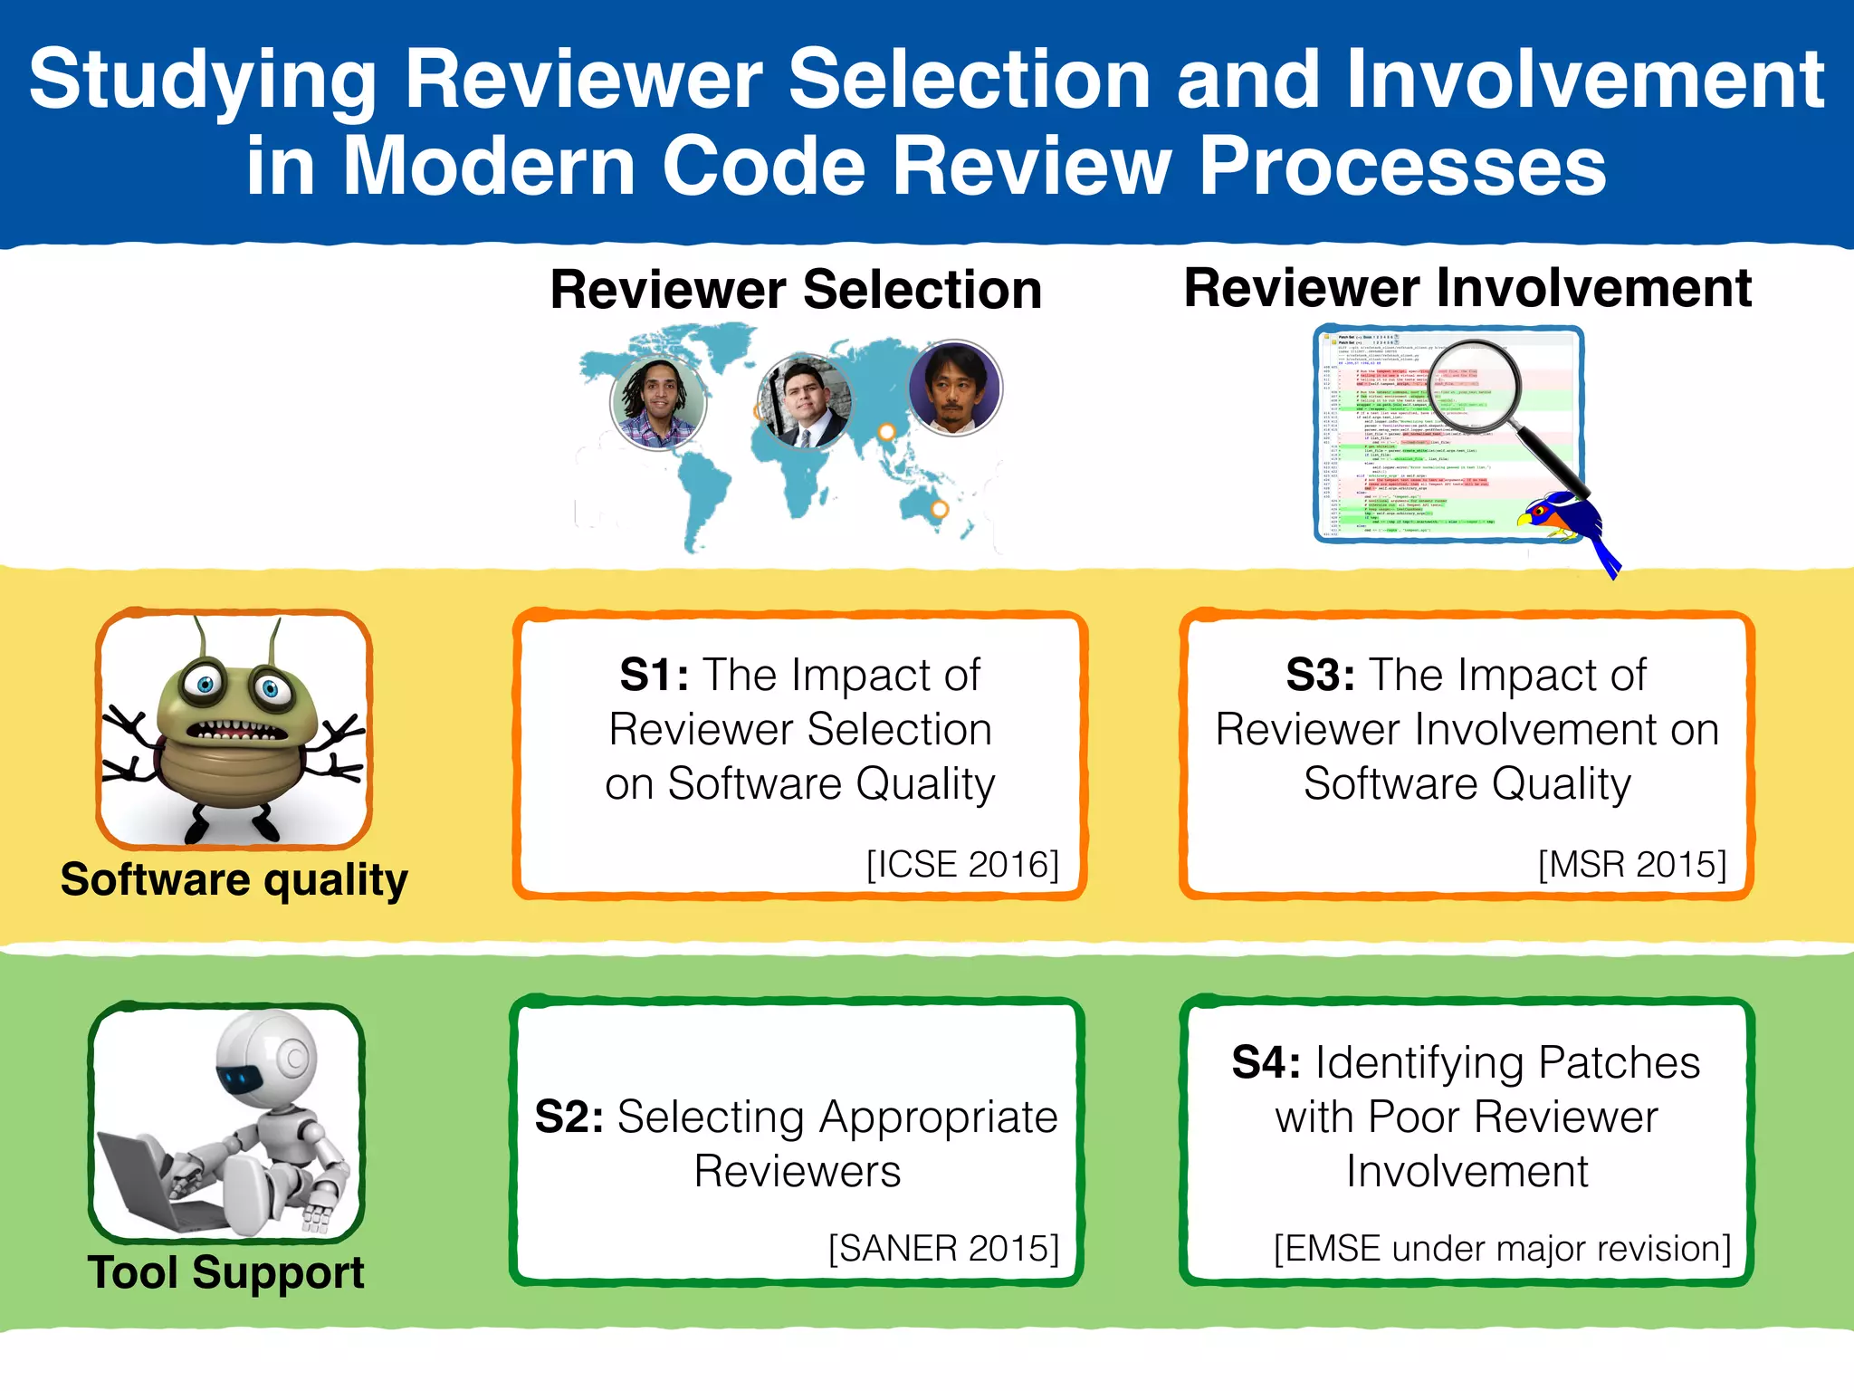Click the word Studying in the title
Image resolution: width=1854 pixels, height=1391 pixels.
(203, 82)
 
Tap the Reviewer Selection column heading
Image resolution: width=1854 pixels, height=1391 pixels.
(796, 290)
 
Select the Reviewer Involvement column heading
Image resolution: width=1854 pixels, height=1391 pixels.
(1467, 288)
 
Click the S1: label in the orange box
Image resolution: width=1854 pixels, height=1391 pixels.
(654, 675)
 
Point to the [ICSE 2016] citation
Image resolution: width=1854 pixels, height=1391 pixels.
(962, 865)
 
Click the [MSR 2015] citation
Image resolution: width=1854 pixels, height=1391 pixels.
(1632, 865)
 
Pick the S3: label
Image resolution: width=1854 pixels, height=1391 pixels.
(1320, 675)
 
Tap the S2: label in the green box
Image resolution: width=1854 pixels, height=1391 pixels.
(569, 1117)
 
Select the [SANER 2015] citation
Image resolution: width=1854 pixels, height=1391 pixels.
(943, 1249)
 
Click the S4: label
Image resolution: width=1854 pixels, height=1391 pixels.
(1266, 1062)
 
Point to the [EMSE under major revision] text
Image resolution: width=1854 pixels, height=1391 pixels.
(1502, 1249)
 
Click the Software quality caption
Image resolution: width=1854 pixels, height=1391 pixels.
(234, 880)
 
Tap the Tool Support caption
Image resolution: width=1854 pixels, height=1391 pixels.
(225, 1272)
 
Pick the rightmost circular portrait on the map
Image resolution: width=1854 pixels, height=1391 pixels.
(954, 388)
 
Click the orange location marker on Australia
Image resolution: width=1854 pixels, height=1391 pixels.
(940, 509)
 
